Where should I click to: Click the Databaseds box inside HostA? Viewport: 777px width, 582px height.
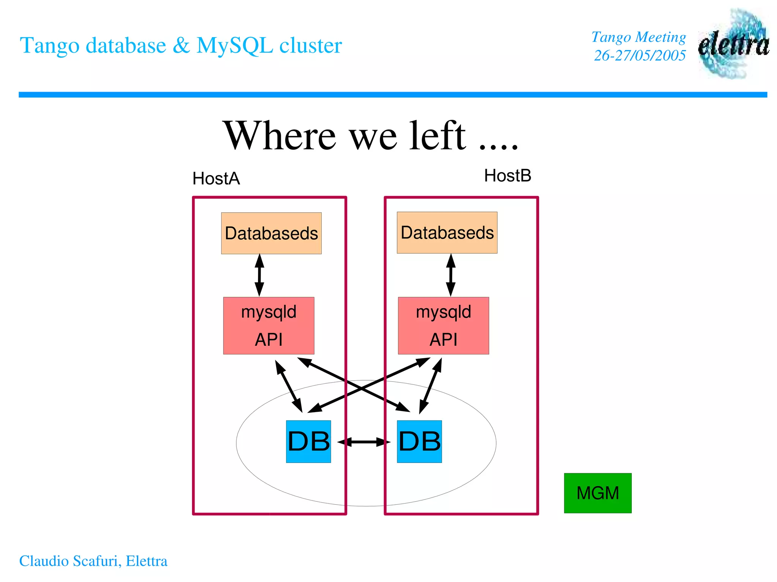click(271, 233)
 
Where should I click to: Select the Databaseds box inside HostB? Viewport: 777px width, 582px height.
click(447, 232)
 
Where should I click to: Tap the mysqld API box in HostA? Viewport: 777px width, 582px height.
click(269, 326)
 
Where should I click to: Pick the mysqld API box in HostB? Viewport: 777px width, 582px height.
click(443, 326)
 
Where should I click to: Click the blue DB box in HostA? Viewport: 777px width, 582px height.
click(308, 441)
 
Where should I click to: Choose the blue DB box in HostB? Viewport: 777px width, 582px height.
click(419, 441)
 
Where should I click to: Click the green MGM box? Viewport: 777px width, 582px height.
click(598, 493)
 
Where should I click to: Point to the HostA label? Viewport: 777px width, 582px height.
click(216, 179)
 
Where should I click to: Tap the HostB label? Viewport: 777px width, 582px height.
click(508, 176)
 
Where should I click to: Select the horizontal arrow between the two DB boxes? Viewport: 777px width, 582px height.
click(363, 442)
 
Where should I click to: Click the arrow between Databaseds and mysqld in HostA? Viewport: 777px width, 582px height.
click(260, 275)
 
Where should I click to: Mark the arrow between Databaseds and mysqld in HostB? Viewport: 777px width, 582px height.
click(451, 275)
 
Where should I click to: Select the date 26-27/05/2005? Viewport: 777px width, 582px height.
click(640, 56)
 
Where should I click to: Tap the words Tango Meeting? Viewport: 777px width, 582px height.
click(639, 37)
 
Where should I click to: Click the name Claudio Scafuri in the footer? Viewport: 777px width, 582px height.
click(70, 561)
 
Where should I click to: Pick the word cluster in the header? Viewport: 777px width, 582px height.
click(311, 45)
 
